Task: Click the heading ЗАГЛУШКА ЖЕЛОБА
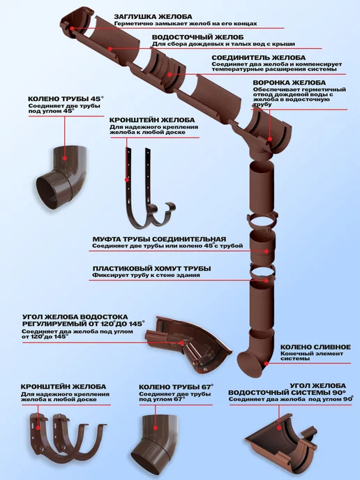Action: tap(153, 17)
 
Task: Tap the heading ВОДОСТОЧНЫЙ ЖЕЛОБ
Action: tap(197, 38)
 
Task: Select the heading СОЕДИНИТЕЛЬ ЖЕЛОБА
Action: tap(258, 58)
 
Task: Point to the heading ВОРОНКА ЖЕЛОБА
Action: tap(290, 82)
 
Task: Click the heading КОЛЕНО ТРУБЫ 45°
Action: tap(66, 99)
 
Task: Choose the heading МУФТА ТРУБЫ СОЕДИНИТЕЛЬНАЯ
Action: tap(159, 239)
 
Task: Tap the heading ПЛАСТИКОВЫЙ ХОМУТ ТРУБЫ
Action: tap(152, 269)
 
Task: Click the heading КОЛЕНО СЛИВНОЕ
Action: tap(315, 347)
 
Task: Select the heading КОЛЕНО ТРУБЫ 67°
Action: tap(176, 387)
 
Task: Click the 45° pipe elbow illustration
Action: tap(61, 177)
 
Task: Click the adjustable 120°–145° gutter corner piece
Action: tap(188, 345)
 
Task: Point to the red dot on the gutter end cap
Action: tap(72, 29)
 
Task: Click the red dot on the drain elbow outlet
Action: tap(267, 363)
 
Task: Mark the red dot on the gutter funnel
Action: tap(270, 139)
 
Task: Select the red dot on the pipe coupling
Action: tap(267, 251)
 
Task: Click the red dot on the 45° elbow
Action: tap(65, 158)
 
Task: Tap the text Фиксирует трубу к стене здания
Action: tap(146, 275)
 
